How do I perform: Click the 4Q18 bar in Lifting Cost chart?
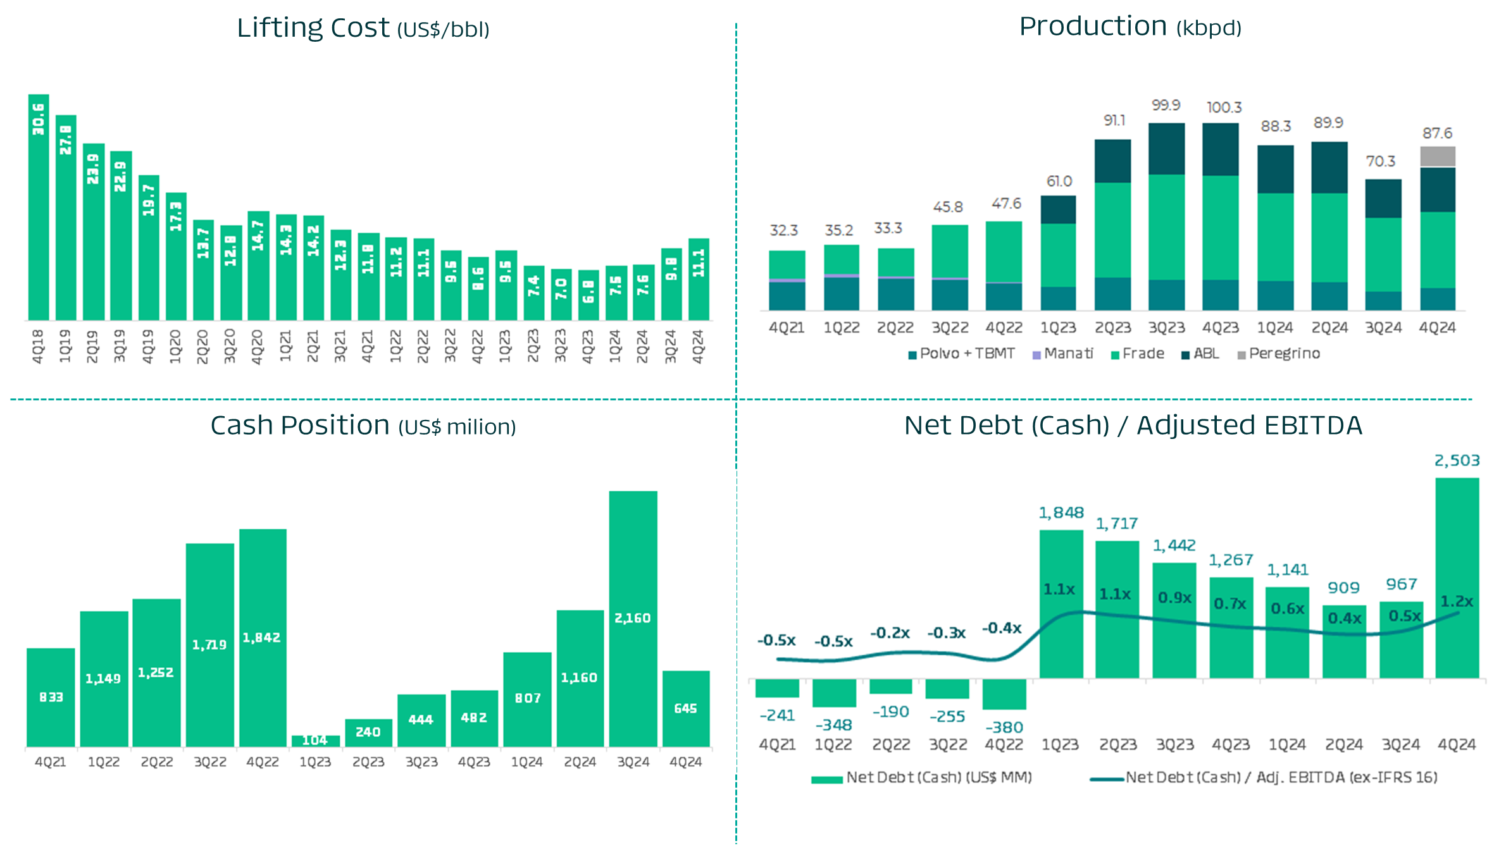39,209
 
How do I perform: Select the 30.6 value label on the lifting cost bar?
39,119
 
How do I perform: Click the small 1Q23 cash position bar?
315,741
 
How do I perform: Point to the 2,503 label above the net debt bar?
1457,460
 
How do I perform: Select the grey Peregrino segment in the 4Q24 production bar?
1438,156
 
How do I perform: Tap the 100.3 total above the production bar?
1224,108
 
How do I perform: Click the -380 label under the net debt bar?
1004,727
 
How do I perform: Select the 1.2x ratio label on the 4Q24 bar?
1457,601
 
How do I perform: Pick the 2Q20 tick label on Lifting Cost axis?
202,346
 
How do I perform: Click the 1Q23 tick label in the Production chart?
1059,328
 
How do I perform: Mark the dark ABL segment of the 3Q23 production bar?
1166,149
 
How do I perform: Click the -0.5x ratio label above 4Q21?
776,640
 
